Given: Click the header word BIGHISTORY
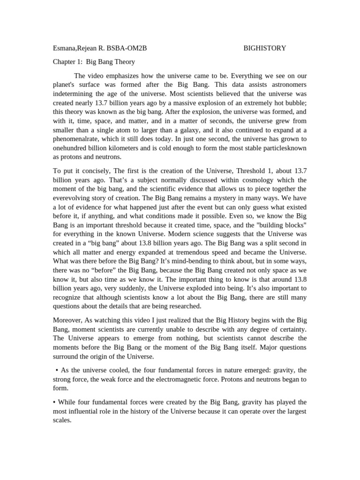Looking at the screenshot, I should [x=265, y=48].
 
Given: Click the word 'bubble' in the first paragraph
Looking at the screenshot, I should [x=295, y=102].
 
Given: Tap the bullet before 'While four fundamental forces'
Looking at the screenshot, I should [x=54, y=402].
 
